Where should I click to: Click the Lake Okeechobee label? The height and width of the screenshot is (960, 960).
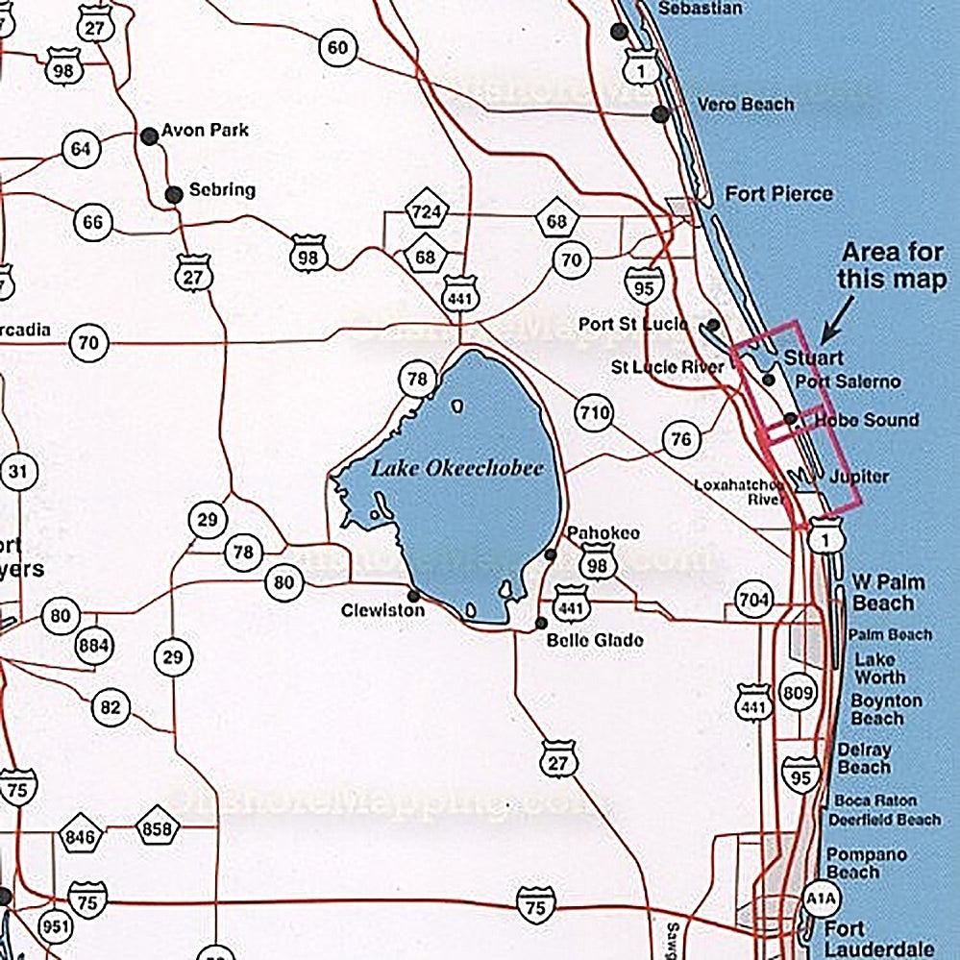click(x=457, y=469)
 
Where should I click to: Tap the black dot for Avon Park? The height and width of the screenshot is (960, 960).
click(x=150, y=136)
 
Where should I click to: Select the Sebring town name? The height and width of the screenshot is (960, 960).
click(x=222, y=189)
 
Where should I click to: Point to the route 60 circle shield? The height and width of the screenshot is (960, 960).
click(x=336, y=48)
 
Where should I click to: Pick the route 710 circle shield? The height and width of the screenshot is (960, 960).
click(x=594, y=414)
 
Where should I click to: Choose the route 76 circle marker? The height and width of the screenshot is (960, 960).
click(x=680, y=440)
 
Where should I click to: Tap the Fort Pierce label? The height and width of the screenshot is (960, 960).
click(x=778, y=194)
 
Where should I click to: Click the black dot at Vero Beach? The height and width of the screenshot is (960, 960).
click(x=660, y=114)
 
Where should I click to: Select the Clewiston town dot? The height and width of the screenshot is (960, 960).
click(x=413, y=596)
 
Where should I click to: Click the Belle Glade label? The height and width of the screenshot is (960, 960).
click(x=595, y=640)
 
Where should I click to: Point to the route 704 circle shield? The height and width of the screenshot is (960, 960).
click(x=753, y=600)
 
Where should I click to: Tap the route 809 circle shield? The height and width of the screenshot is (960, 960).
click(x=798, y=692)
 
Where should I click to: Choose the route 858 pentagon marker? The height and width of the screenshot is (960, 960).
click(x=158, y=828)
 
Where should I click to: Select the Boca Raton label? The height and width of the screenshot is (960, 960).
click(x=874, y=800)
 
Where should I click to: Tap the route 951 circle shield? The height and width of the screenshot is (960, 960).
click(x=55, y=927)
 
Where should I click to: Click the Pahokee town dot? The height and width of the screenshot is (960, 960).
click(x=551, y=555)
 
